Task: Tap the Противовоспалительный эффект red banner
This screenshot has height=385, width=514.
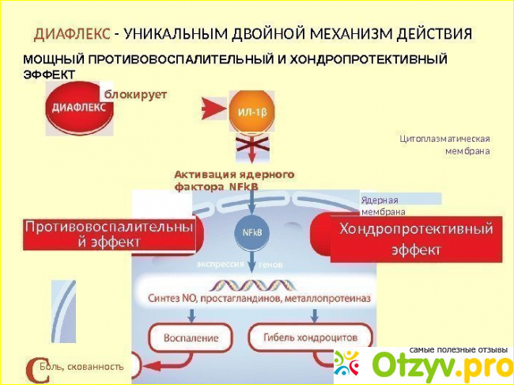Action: [x=108, y=234]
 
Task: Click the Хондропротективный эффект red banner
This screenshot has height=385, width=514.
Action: [x=416, y=238]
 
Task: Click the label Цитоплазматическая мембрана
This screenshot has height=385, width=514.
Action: [x=445, y=144]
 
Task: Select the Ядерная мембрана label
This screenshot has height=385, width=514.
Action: [x=384, y=206]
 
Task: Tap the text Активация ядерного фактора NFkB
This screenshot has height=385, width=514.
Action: [x=233, y=180]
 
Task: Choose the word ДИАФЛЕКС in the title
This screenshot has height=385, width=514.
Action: [x=71, y=34]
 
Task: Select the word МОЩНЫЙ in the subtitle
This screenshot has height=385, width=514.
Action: [x=53, y=59]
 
